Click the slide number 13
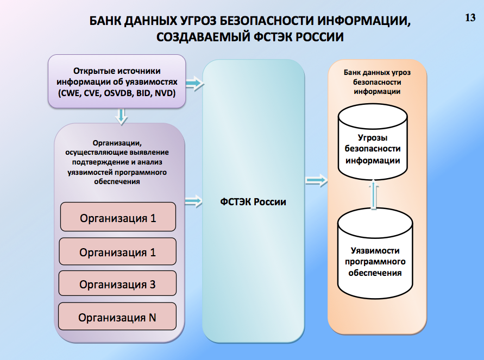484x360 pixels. tap(470, 17)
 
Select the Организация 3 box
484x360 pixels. tap(117, 284)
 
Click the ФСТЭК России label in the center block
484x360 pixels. tap(253, 202)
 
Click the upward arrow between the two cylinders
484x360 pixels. tap(372, 194)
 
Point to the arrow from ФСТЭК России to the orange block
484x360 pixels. tap(317, 180)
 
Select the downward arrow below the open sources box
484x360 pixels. tap(122, 115)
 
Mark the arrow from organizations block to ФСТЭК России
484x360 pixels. tap(194, 202)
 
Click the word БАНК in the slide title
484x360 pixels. tap(108, 21)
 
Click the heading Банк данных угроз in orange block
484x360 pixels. tap(377, 72)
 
